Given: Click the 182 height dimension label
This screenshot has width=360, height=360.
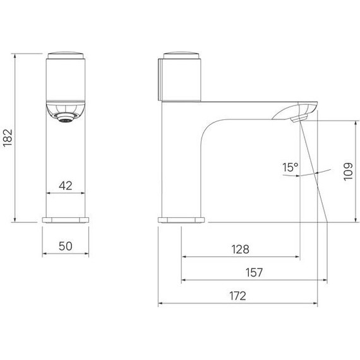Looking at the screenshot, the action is point(8,138).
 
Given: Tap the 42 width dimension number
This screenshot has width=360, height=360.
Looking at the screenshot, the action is point(66,186).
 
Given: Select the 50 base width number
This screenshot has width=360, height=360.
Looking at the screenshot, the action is point(66,246).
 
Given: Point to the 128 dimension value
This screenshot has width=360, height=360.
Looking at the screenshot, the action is point(240,249).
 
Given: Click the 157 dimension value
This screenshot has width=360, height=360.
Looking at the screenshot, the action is point(254,272).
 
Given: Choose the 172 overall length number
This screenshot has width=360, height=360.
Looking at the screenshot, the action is point(237,296).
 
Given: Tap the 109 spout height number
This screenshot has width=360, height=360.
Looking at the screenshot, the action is point(348,172).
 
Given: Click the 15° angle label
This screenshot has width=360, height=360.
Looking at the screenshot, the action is point(290,167).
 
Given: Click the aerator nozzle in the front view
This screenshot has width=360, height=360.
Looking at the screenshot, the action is point(66,117).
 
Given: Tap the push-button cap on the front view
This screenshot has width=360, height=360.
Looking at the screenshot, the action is point(66,56).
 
